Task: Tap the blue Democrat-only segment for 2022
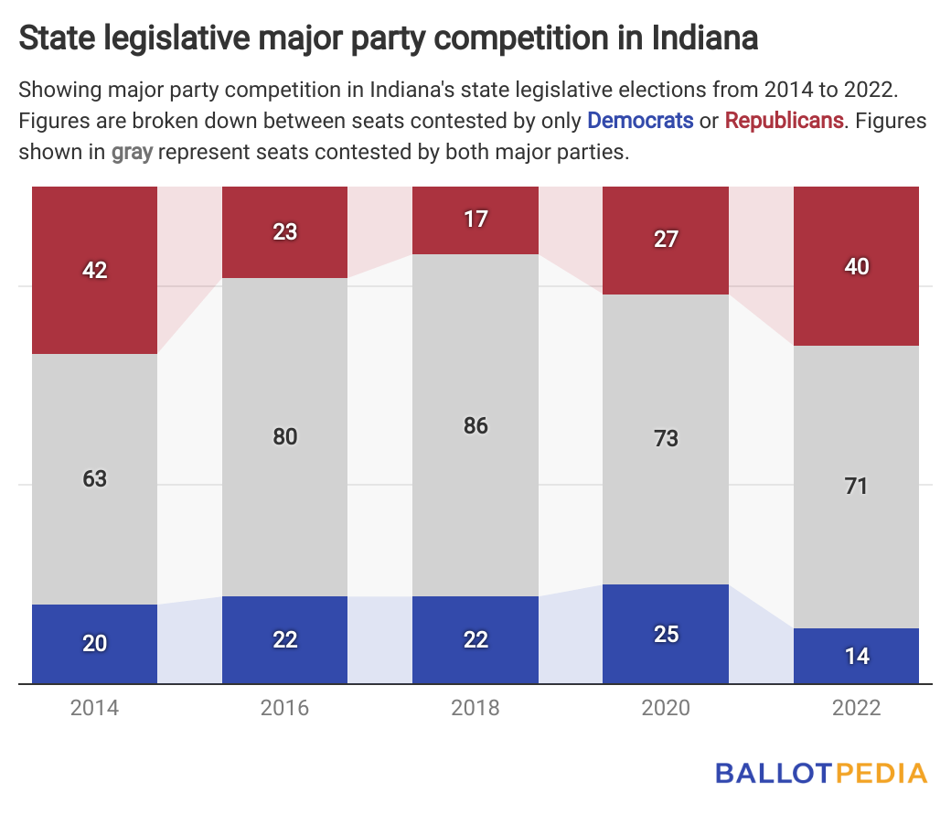[x=856, y=656]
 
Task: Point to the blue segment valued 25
[x=666, y=634]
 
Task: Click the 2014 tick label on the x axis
[x=95, y=708]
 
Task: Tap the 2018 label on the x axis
[x=475, y=708]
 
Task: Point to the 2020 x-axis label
[x=666, y=708]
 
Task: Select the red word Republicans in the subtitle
[x=785, y=120]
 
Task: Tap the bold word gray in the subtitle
[x=132, y=152]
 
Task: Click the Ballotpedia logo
[x=820, y=772]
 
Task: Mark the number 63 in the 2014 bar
[x=95, y=478]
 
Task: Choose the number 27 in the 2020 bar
[x=666, y=239]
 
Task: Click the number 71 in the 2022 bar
[x=856, y=487]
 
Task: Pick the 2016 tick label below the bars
[x=285, y=708]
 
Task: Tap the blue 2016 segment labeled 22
[x=285, y=639]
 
